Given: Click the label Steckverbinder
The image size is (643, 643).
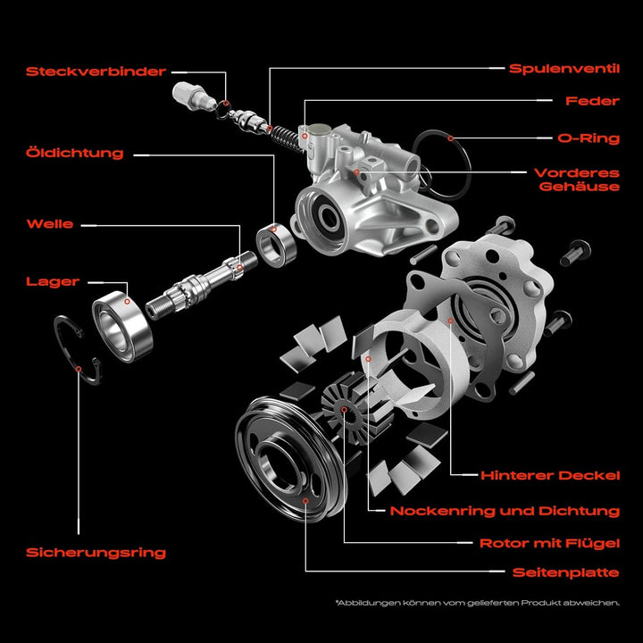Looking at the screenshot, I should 96,71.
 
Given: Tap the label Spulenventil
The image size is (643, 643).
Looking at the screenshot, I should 564,68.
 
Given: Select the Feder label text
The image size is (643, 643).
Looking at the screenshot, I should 592,101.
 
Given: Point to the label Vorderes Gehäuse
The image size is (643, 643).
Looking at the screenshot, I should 577,180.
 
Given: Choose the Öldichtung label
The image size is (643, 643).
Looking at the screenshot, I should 75,153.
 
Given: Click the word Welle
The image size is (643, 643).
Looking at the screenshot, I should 50,223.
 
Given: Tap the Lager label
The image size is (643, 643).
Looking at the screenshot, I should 53,281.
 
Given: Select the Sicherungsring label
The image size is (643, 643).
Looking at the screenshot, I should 96,552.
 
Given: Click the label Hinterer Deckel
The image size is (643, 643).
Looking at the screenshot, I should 549,475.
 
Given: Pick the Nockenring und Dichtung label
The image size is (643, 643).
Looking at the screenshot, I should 505,511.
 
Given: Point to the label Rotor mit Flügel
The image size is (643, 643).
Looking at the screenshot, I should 549,542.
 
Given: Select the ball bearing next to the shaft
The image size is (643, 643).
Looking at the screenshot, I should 125,326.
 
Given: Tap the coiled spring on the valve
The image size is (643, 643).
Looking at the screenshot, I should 284,138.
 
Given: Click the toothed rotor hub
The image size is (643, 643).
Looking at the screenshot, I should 344,409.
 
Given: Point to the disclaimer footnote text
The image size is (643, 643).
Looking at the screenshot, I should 477,603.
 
